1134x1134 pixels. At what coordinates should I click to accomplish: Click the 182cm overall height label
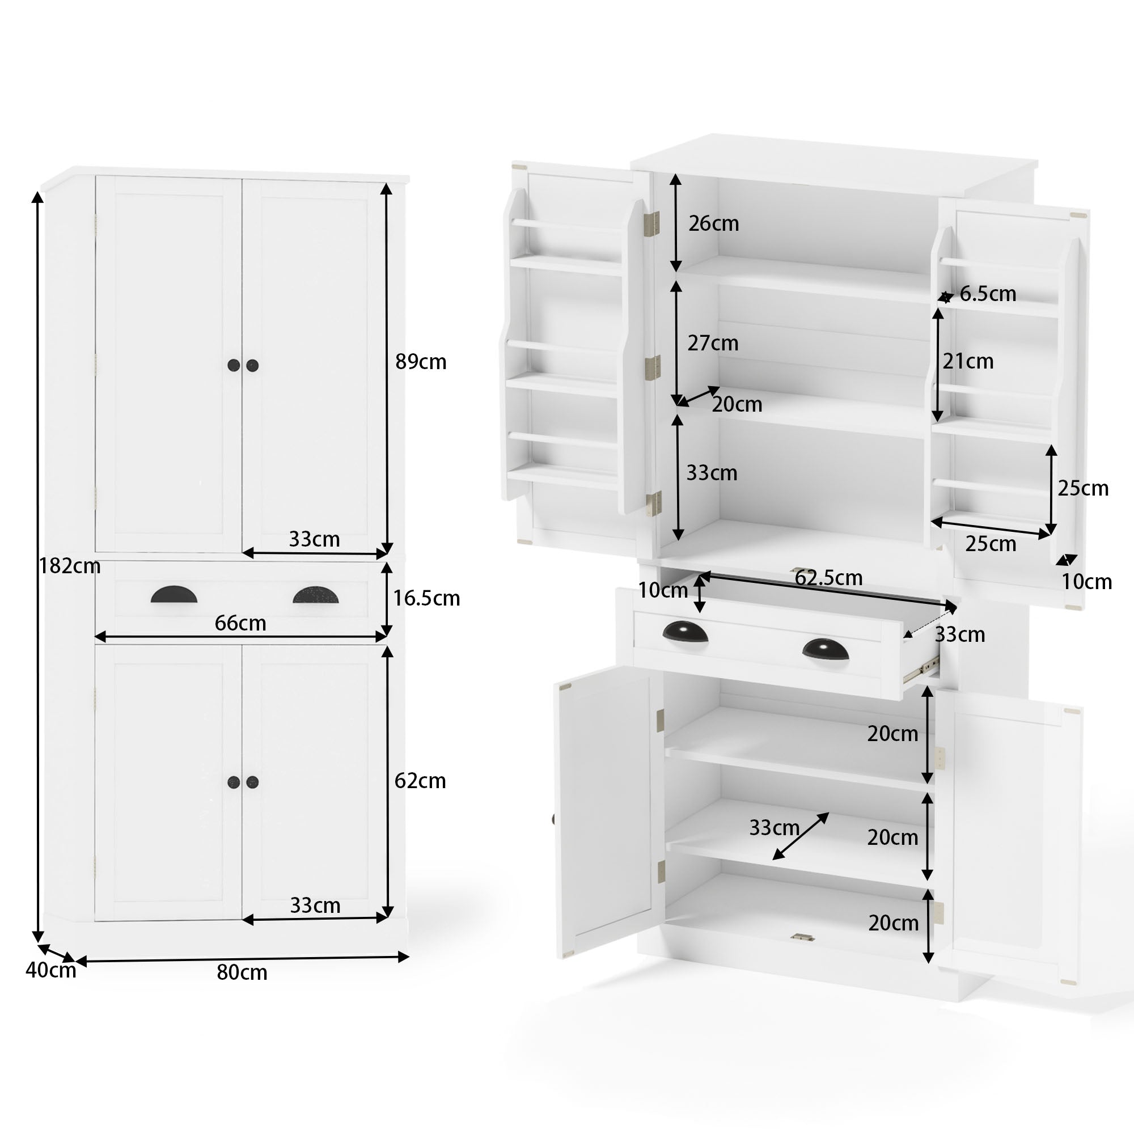coord(70,566)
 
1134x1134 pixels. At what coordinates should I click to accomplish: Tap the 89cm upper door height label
coord(421,362)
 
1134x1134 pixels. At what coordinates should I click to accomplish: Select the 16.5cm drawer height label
coord(426,598)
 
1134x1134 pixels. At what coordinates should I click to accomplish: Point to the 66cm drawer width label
coord(240,623)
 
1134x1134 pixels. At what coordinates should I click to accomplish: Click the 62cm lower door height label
coord(420,781)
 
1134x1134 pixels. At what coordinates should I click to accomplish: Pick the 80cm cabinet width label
coord(242,972)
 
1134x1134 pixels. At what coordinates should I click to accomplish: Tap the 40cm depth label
coord(50,970)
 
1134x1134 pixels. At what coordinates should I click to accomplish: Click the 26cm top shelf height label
coord(714,223)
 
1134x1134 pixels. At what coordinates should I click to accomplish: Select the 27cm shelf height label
coord(713,344)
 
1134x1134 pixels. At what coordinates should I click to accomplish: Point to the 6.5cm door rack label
coord(988,294)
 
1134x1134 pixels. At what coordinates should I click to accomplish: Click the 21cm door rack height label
coord(968,362)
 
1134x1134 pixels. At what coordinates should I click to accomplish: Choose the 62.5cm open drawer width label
coord(828,578)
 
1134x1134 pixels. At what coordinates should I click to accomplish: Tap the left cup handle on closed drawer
coord(174,595)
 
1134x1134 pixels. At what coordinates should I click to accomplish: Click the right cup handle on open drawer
coord(825,649)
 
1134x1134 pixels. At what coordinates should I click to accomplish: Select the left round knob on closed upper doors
coord(234,366)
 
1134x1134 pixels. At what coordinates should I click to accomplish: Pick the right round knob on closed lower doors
coord(252,782)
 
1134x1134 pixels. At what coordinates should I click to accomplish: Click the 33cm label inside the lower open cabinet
coord(774,828)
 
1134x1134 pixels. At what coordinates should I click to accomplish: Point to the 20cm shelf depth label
coord(737,404)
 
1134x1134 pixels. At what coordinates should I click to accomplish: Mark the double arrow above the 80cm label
coord(242,958)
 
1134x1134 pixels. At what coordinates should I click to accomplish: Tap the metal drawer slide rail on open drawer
coord(920,670)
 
